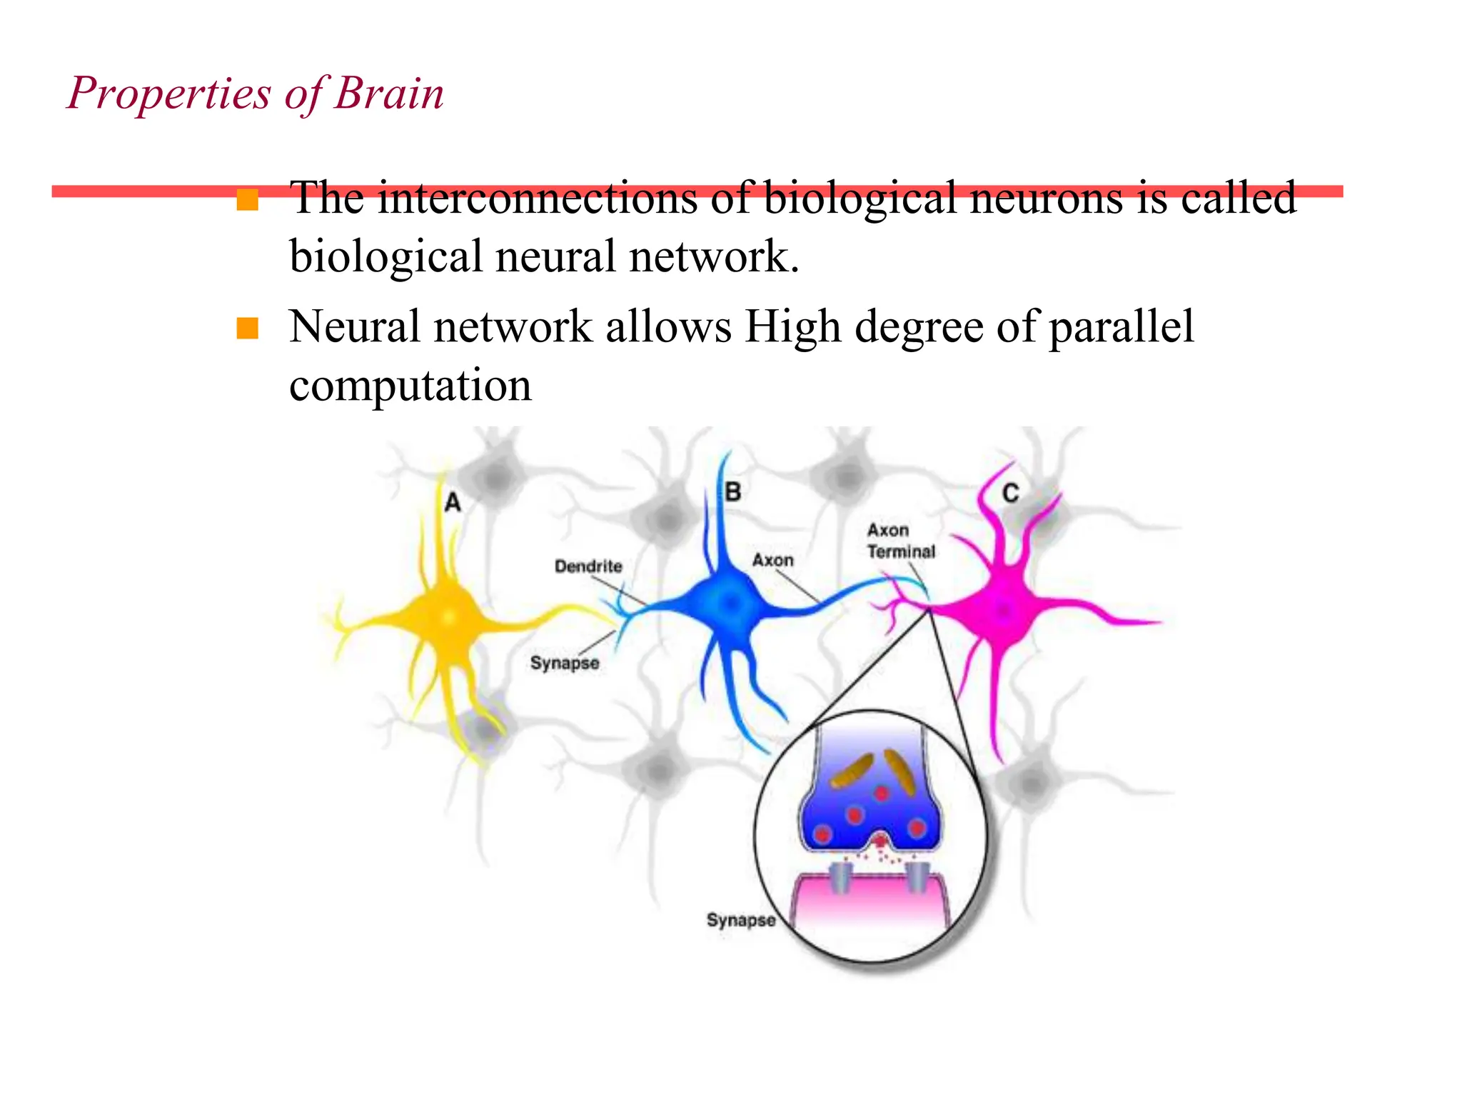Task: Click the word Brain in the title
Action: pos(389,94)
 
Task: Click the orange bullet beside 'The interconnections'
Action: pos(247,199)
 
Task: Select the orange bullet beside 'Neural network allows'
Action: pos(247,329)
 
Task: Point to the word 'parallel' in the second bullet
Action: pos(1121,327)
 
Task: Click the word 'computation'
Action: pos(410,386)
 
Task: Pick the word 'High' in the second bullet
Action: pos(792,327)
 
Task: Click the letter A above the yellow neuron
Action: pos(453,503)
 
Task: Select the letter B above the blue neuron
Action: pos(732,492)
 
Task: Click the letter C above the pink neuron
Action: pos(1010,494)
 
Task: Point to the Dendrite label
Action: pos(588,566)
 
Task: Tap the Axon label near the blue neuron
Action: pos(772,561)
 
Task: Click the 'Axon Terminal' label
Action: pos(901,541)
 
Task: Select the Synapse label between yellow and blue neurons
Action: pos(565,663)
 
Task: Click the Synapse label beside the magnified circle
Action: pos(740,920)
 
